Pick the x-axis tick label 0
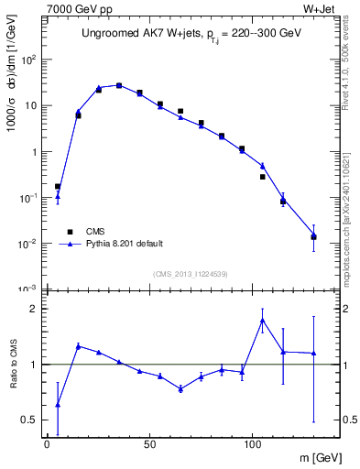(47, 444)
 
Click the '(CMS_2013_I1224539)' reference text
(189, 273)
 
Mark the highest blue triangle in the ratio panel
(263, 320)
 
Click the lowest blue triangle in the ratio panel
(58, 404)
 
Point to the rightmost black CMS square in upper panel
(313, 237)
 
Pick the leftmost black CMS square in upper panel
(58, 187)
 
